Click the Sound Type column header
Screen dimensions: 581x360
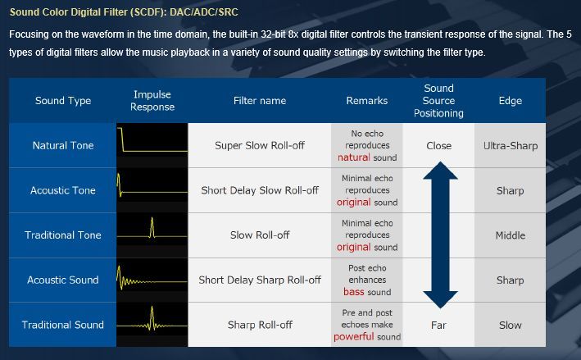(63, 101)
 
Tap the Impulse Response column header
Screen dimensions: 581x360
(152, 101)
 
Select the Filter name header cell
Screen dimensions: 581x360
(260, 101)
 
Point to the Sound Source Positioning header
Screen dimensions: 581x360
(438, 101)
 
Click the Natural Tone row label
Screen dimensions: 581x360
(63, 145)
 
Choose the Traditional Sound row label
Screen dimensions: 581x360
(63, 325)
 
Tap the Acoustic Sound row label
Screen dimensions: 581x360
(63, 280)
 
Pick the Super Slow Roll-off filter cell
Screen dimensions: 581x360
(260, 145)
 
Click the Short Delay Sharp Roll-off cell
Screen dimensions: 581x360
(260, 280)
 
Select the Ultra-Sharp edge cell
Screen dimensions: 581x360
(511, 146)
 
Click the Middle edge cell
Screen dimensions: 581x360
(511, 235)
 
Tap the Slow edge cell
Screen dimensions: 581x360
(511, 326)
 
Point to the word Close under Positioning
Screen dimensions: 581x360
(438, 146)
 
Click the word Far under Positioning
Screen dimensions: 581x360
(438, 326)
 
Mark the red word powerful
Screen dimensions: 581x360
(354, 337)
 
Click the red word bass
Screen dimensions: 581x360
(354, 292)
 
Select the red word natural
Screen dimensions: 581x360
(354, 157)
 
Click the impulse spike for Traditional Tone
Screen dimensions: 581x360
(152, 227)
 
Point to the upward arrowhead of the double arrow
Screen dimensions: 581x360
(440, 171)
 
